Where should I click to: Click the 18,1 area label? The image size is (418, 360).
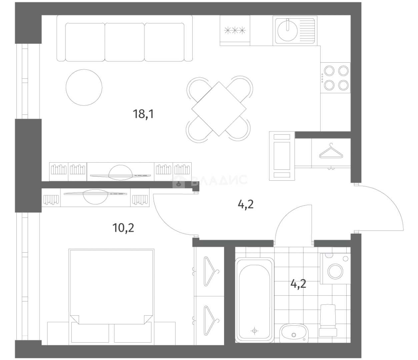(x=143, y=114)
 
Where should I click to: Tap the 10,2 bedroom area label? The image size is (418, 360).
(x=123, y=228)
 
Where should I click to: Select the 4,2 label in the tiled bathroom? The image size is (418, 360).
(x=298, y=284)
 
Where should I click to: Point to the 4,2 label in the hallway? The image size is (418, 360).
(x=246, y=205)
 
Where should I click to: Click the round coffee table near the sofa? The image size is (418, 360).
(x=84, y=87)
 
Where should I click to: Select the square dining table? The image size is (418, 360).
(x=219, y=109)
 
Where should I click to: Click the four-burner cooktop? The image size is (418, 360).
(x=335, y=78)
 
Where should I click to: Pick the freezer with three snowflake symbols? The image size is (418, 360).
(x=235, y=31)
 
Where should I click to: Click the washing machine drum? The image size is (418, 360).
(x=335, y=271)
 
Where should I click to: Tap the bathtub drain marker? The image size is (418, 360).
(x=254, y=331)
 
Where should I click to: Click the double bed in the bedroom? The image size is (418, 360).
(x=111, y=297)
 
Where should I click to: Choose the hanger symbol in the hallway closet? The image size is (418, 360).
(x=331, y=151)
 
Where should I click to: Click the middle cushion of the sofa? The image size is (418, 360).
(x=125, y=42)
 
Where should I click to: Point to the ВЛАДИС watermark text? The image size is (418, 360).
(x=219, y=180)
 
